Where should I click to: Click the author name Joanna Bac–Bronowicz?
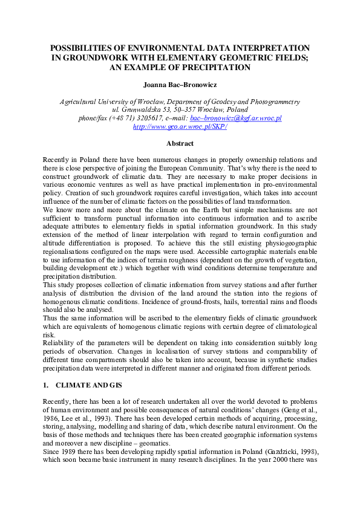[x=180, y=86]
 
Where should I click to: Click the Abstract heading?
[x=180, y=144]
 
